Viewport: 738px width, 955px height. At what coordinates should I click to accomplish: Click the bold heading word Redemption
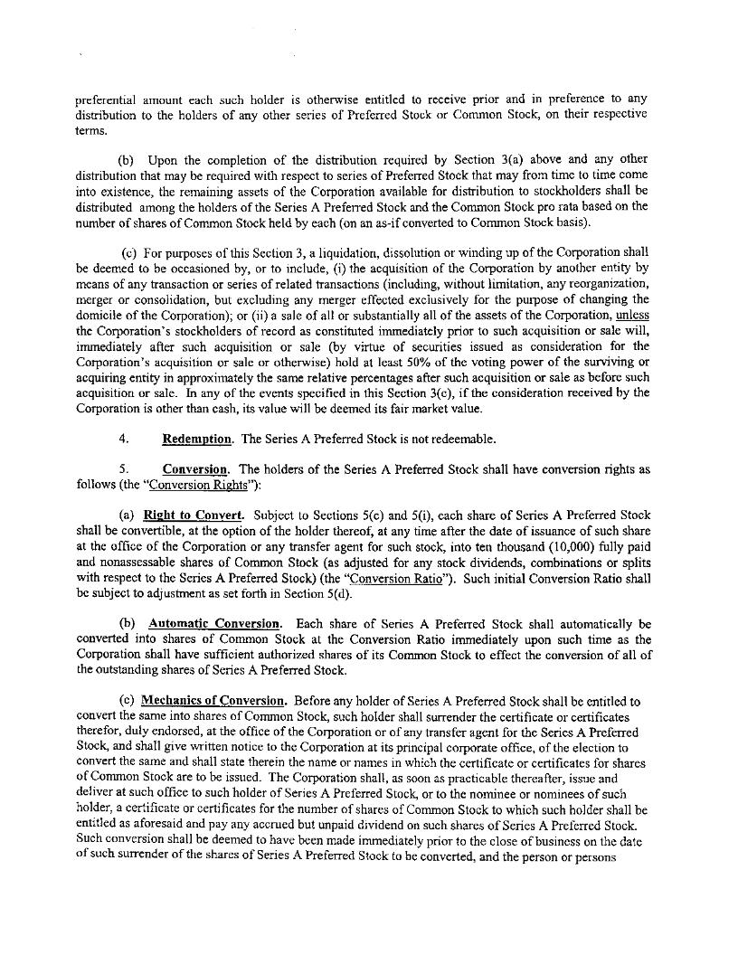point(196,440)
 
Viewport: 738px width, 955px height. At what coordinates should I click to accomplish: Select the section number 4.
point(124,440)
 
